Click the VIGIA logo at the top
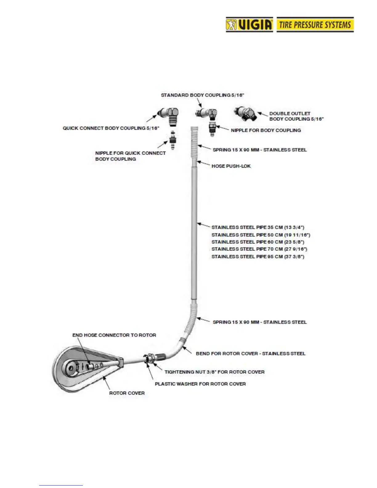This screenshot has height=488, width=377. click(x=249, y=25)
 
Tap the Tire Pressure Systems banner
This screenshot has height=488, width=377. click(x=315, y=25)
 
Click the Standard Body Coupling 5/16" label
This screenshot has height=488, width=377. click(x=202, y=95)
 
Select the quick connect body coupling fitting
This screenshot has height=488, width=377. click(x=169, y=115)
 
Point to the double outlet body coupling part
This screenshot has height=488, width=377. click(x=245, y=114)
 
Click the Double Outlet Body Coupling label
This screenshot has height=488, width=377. click(x=296, y=116)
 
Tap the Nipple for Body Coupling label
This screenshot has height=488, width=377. click(x=266, y=130)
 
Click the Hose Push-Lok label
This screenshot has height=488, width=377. click(x=231, y=166)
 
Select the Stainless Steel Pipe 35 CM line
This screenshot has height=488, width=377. click(x=258, y=227)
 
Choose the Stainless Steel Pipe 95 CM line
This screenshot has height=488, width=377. click(x=258, y=257)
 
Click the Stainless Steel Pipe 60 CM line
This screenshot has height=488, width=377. click(x=258, y=242)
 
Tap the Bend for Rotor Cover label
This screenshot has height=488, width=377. click(x=250, y=353)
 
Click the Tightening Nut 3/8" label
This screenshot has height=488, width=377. click(x=214, y=372)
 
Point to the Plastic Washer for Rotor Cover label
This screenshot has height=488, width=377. click(x=200, y=384)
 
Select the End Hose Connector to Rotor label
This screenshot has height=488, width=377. click(x=114, y=335)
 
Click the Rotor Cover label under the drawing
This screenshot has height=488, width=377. click(x=127, y=393)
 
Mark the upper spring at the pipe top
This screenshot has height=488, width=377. click(x=194, y=142)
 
